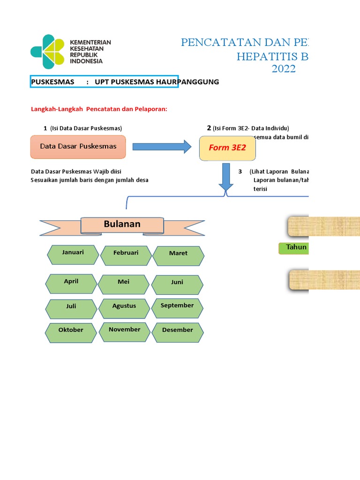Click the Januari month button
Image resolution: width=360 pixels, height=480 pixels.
coord(73,255)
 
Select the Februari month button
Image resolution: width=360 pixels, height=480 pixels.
coord(126,255)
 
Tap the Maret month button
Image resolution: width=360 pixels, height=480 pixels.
coord(178,255)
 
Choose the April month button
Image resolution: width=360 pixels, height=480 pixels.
coord(71,284)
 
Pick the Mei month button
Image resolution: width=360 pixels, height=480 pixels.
coord(124,284)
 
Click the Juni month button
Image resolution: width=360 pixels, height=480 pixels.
coord(177,285)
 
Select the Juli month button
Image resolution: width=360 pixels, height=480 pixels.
coord(71,308)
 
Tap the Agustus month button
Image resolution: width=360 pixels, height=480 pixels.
coord(124,308)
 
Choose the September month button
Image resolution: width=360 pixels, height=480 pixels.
coord(177,307)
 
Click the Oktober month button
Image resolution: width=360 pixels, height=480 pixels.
coord(71,332)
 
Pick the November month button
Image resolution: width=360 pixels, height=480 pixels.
coord(125,331)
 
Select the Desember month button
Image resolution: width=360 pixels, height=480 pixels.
coord(178,332)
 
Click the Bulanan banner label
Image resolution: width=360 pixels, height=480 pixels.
coord(122,225)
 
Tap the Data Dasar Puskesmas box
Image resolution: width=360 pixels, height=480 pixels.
coord(78,147)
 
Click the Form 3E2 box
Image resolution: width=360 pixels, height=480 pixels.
coord(227,148)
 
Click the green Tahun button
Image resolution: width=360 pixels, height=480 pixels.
coord(294,247)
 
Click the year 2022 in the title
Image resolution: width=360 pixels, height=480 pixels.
coord(284,70)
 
